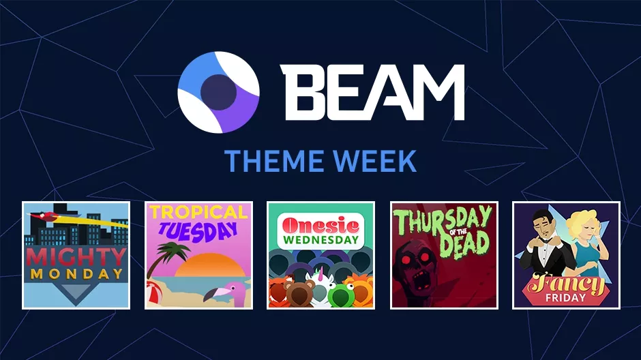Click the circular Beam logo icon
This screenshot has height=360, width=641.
tap(218, 92)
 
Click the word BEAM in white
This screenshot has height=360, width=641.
tap(372, 92)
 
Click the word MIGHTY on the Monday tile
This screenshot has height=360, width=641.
tap(76, 256)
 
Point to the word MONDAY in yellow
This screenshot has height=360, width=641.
tap(77, 274)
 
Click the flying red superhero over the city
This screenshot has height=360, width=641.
tap(45, 217)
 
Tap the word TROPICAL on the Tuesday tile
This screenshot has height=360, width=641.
tap(198, 211)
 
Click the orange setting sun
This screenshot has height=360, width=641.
tap(211, 266)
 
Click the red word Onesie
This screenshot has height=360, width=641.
tap(320, 225)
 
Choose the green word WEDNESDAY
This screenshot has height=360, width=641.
tap(321, 240)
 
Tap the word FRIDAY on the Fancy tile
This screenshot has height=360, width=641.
tap(565, 297)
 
